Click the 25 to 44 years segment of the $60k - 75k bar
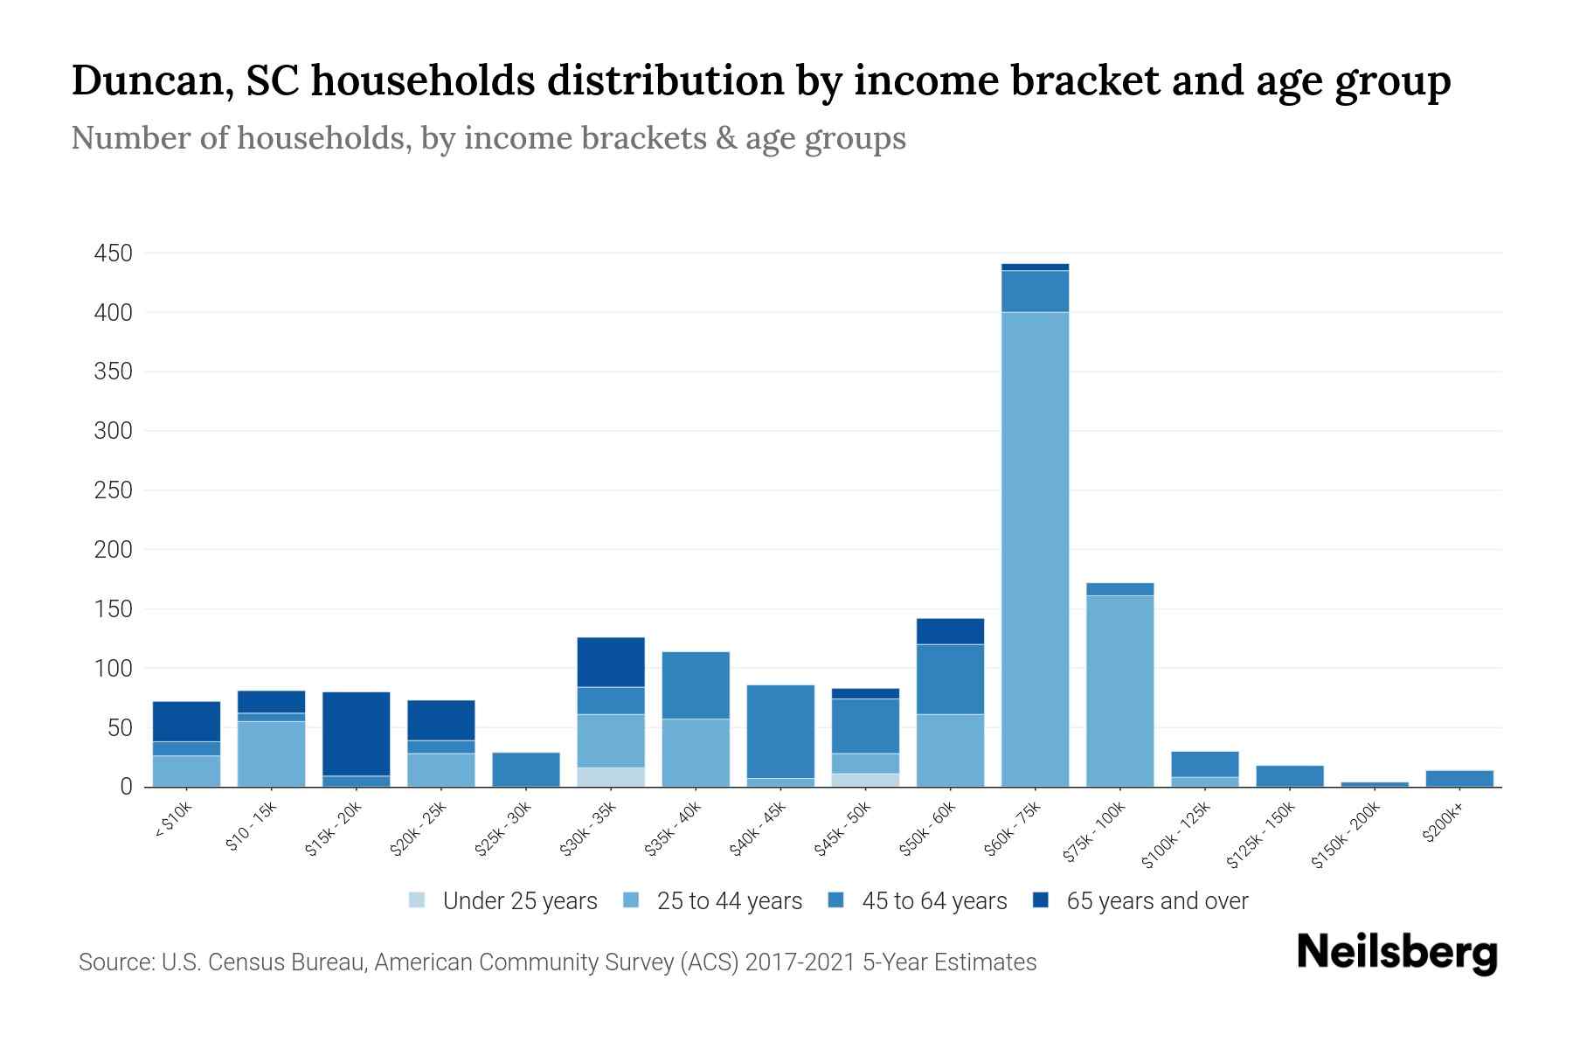(x=1035, y=549)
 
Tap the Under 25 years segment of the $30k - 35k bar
(x=611, y=777)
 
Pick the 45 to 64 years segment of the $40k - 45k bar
(x=780, y=731)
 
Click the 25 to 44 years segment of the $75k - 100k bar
(x=1119, y=691)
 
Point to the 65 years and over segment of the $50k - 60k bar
(x=950, y=631)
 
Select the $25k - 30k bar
(x=526, y=769)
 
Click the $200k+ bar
(x=1459, y=778)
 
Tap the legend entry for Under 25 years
(x=503, y=900)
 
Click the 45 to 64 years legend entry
(x=917, y=900)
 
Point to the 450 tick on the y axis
(x=114, y=254)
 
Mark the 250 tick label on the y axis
(x=114, y=490)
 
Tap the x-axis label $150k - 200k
(x=1346, y=834)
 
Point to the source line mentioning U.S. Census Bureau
(x=557, y=962)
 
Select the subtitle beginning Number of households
(x=488, y=138)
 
